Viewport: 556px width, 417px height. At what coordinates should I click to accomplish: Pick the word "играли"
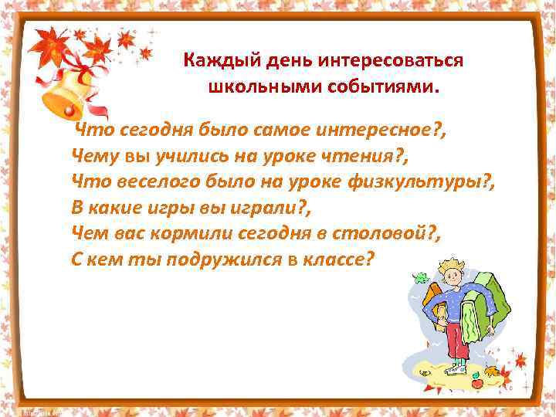pyautogui.click(x=252, y=207)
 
